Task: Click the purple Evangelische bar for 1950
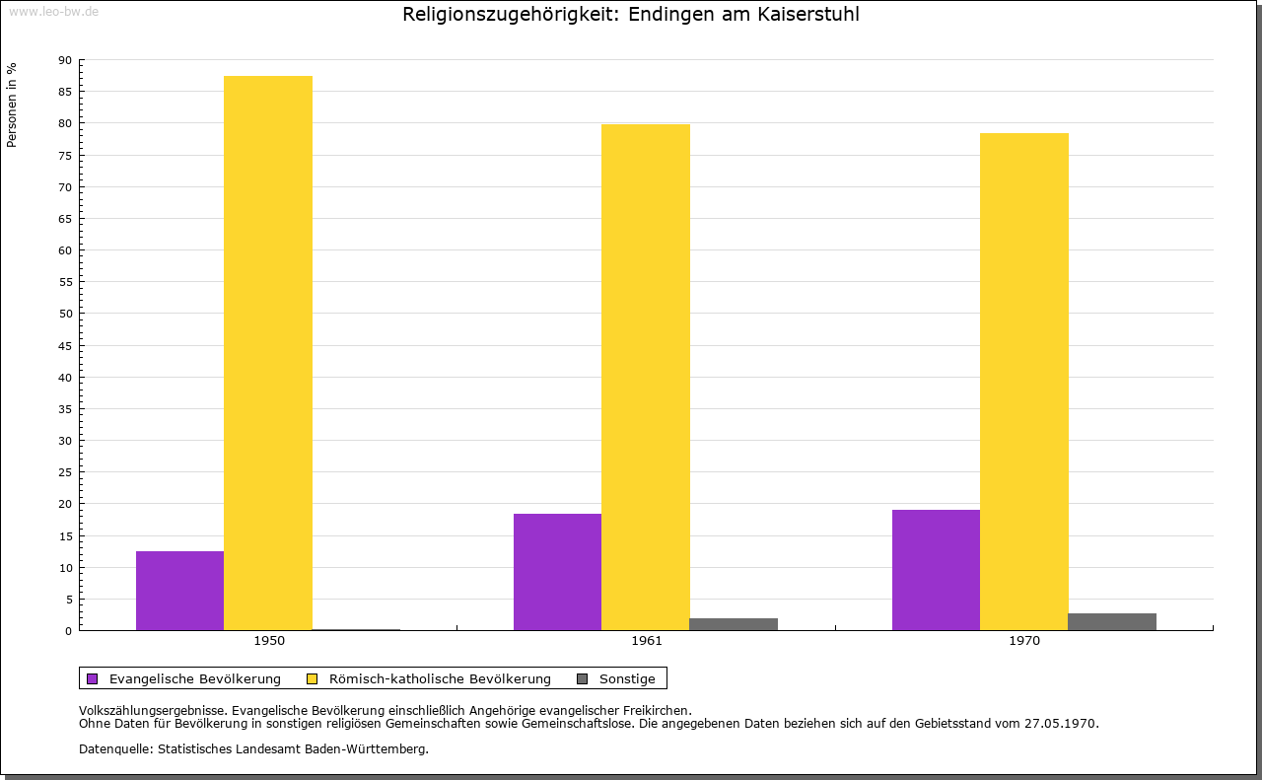(179, 591)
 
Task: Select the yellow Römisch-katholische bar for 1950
(268, 353)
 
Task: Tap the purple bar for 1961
(557, 572)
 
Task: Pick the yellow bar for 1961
(646, 377)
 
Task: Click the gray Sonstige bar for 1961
(734, 624)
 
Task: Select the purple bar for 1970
(936, 570)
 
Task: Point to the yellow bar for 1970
(1023, 382)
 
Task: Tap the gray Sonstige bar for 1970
(1112, 622)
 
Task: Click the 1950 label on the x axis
(269, 641)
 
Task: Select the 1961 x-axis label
(647, 641)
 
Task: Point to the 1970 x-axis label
(1024, 641)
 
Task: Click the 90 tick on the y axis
(65, 60)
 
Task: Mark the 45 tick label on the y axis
(65, 346)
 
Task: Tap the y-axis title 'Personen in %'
(12, 105)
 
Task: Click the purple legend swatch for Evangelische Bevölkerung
(93, 679)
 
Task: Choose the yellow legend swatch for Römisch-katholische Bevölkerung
(312, 679)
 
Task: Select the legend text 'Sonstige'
(627, 679)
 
